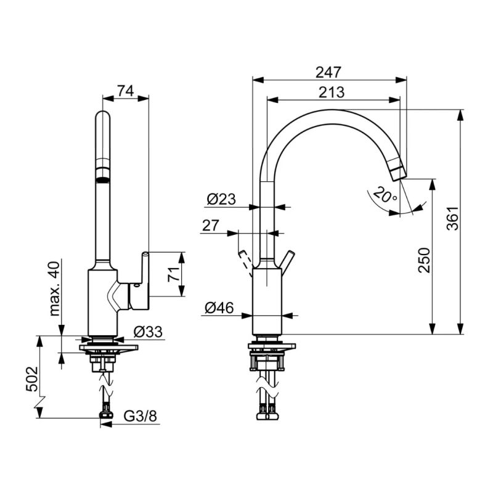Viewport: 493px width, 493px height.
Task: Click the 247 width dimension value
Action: (328, 72)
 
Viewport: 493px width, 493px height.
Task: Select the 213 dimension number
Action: (332, 92)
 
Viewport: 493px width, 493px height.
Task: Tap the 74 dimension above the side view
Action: (126, 91)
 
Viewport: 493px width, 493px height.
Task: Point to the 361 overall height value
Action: (453, 219)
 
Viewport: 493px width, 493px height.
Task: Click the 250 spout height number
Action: (424, 260)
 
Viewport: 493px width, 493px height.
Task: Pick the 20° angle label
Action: (386, 195)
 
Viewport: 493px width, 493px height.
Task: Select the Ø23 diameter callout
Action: (221, 199)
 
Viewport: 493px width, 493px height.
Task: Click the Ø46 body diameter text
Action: (219, 308)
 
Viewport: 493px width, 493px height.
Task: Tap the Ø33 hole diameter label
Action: (148, 332)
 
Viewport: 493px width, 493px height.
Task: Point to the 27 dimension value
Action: (210, 226)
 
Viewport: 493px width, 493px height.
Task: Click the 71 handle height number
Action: (174, 274)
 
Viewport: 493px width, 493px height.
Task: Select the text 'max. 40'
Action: (54, 288)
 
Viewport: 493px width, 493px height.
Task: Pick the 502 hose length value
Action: (32, 378)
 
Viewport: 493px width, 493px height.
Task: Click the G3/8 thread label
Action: (141, 417)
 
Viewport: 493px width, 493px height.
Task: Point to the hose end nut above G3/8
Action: (106, 414)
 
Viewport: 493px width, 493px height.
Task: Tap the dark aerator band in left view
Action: (103, 181)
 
